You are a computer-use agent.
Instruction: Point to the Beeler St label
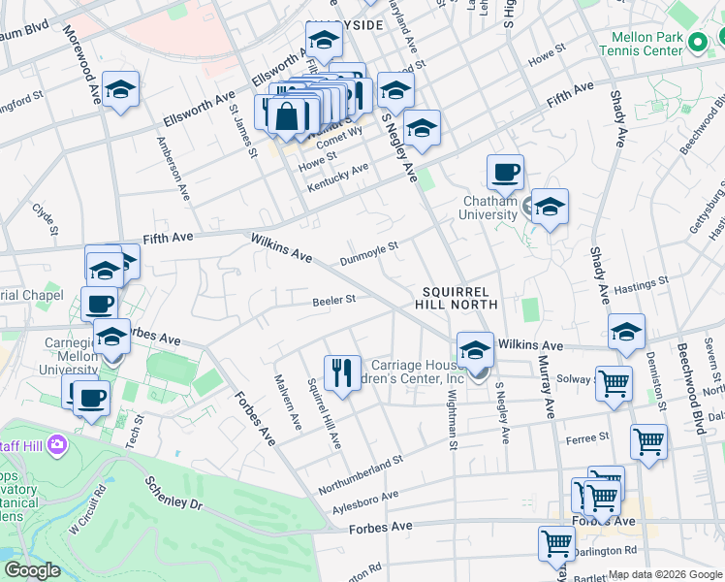coord(334,301)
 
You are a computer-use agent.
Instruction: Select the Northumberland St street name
coord(360,466)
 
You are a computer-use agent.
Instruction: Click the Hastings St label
coord(642,283)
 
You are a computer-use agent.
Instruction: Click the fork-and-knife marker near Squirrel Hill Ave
coord(340,372)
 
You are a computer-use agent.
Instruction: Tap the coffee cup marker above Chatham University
coord(505,173)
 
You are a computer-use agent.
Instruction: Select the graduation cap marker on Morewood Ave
coord(120,89)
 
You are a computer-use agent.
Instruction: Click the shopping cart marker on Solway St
coord(614,384)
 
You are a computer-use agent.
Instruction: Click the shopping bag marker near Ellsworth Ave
coord(289,116)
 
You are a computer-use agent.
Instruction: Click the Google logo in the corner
coord(32,570)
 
